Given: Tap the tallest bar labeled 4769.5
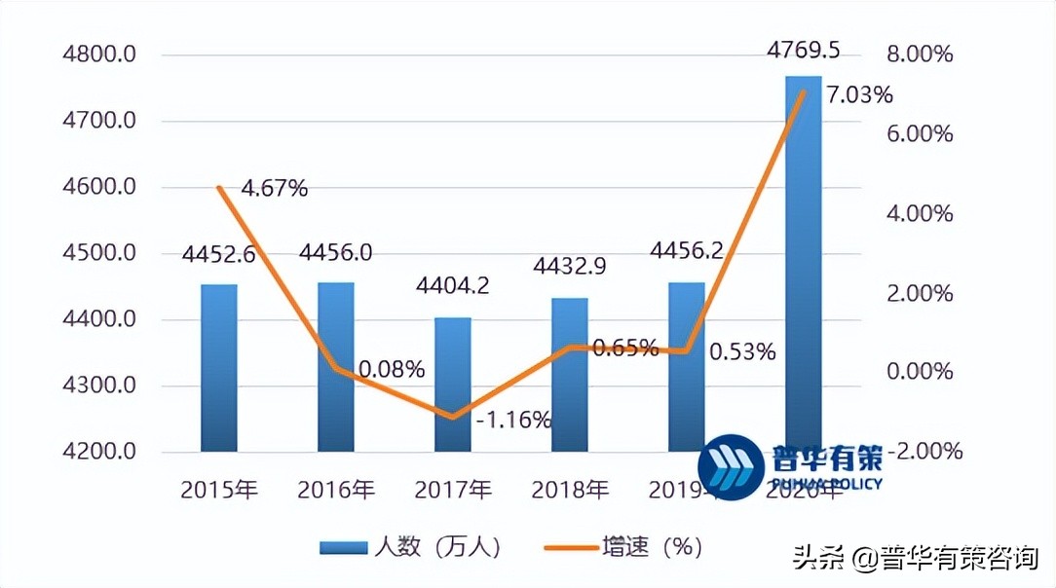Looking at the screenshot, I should tap(804, 263).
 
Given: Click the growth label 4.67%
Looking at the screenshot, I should tap(274, 188).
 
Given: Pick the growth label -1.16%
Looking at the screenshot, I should tap(514, 420).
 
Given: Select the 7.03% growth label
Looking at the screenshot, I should tap(859, 95).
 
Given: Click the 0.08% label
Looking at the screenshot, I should tap(392, 370).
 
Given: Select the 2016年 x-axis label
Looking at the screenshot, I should tap(336, 489).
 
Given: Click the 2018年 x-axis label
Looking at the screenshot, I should tap(570, 489).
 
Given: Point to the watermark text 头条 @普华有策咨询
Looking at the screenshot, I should tap(917, 560).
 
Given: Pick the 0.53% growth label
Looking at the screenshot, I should tap(742, 351).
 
